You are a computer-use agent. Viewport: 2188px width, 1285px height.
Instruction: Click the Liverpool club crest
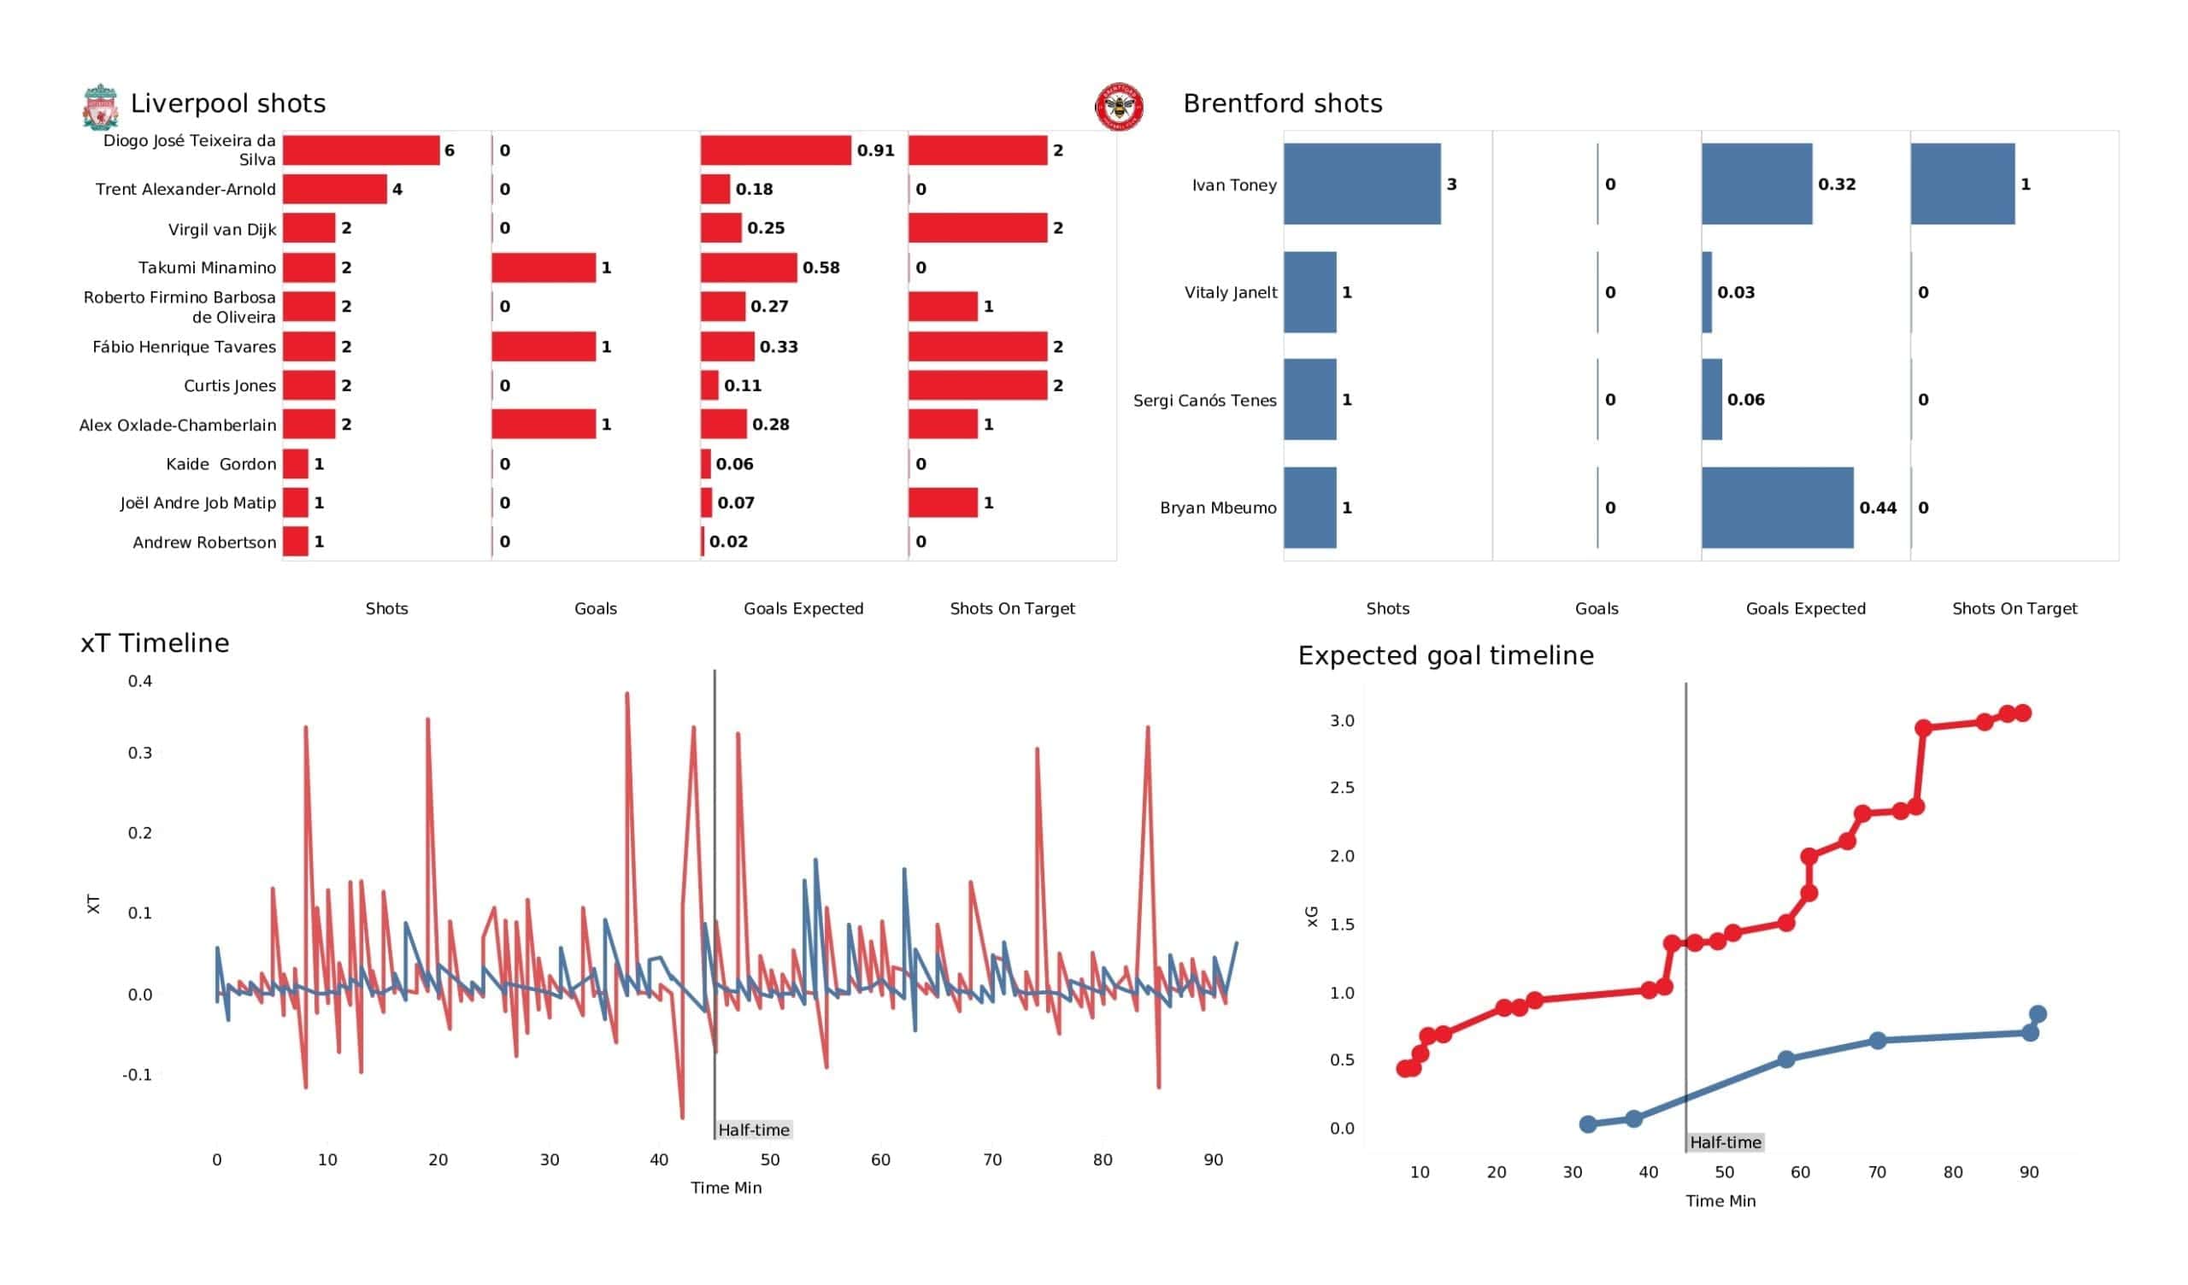click(101, 107)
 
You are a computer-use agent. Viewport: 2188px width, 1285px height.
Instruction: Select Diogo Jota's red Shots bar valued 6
click(362, 150)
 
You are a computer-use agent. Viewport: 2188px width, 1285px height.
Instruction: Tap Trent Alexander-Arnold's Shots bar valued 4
click(335, 190)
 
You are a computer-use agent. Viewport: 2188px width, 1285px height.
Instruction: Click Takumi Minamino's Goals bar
click(544, 267)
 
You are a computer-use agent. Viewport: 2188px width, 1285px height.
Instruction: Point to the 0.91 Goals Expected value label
click(875, 150)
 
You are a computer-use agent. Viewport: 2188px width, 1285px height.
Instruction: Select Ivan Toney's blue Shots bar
click(1362, 184)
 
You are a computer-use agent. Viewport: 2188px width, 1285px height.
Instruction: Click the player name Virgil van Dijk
click(222, 229)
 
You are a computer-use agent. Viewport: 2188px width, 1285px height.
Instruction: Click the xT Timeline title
click(155, 643)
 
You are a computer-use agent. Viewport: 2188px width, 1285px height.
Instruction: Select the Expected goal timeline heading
click(1445, 656)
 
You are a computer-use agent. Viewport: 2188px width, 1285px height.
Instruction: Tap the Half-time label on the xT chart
click(754, 1130)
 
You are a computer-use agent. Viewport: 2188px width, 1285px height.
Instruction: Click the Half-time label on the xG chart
click(1726, 1142)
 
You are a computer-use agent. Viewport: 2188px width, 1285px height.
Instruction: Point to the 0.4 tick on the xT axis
click(140, 682)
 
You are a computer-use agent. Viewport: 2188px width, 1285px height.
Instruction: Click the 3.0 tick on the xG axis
click(1342, 720)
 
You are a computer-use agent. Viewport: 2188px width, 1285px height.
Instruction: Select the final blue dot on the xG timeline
click(2038, 1014)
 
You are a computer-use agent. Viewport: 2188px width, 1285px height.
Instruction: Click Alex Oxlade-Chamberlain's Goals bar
click(544, 425)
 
